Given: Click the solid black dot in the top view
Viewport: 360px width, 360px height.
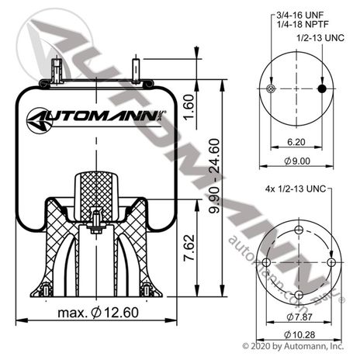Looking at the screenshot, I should click(x=320, y=90).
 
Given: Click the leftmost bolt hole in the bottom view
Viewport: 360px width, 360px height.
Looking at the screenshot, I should click(x=267, y=262).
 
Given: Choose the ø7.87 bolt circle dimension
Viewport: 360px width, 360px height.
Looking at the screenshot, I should click(x=299, y=316).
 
